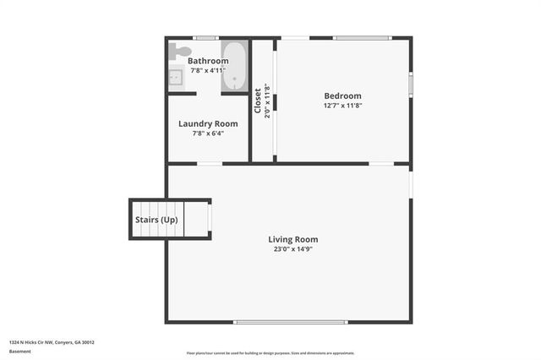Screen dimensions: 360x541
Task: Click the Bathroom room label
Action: tap(208, 61)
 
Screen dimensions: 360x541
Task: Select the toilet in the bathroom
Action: tap(178, 52)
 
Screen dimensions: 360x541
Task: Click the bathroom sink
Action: tap(177, 78)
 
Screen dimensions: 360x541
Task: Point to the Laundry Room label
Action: tap(208, 123)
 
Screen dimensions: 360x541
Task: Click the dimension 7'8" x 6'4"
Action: tap(208, 133)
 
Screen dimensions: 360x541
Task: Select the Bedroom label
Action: tap(342, 95)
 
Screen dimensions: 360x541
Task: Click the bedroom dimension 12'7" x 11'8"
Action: tap(342, 106)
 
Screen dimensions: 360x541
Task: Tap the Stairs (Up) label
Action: tap(157, 220)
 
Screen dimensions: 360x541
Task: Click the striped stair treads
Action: tap(197, 220)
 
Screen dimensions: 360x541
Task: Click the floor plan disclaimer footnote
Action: tap(270, 353)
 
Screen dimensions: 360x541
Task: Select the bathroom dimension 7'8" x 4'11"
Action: tap(208, 71)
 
